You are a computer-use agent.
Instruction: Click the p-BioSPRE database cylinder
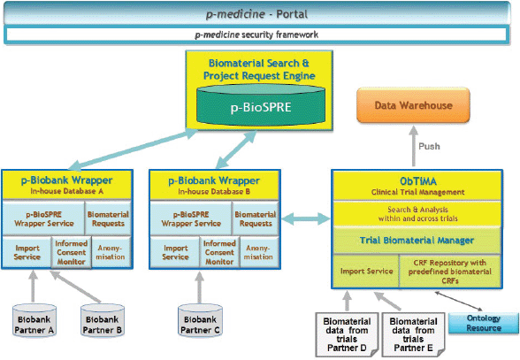[261, 104]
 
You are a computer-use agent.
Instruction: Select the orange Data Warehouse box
[413, 105]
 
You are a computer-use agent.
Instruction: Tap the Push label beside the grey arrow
[429, 146]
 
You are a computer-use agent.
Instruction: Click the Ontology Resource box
[484, 323]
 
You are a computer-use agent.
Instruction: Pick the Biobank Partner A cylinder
[34, 321]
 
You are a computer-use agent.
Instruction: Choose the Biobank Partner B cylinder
[103, 321]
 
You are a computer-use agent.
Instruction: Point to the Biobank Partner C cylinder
[200, 321]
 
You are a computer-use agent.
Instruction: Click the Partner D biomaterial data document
[347, 334]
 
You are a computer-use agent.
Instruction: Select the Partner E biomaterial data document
[413, 334]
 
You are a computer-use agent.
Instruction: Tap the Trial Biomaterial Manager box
[417, 241]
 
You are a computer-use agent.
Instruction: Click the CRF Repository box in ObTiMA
[450, 272]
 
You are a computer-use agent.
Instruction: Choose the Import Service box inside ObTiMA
[366, 272]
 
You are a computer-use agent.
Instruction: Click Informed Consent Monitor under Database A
[72, 252]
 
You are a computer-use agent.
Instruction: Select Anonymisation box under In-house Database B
[258, 252]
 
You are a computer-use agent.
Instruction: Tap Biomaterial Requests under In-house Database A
[108, 218]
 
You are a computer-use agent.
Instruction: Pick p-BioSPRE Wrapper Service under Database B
[191, 218]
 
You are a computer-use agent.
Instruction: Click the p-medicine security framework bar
[256, 34]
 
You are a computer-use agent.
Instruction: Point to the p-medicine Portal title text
[256, 14]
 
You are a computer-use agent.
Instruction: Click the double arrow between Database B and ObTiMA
[305, 218]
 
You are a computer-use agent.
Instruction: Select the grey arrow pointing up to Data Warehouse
[413, 146]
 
